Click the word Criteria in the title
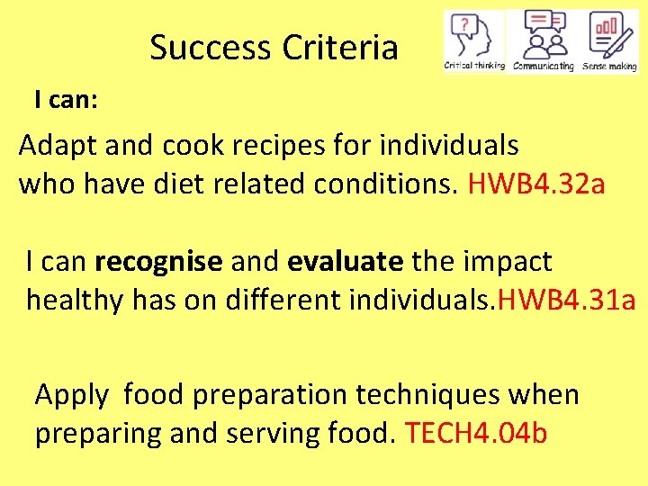click(340, 48)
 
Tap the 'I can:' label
click(67, 100)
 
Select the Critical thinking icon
click(473, 36)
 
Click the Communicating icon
click(543, 36)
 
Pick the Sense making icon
click(610, 36)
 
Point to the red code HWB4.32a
click(536, 184)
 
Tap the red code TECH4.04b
click(476, 433)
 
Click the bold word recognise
click(158, 262)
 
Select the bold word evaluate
click(346, 262)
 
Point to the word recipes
click(282, 146)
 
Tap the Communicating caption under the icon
click(543, 67)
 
